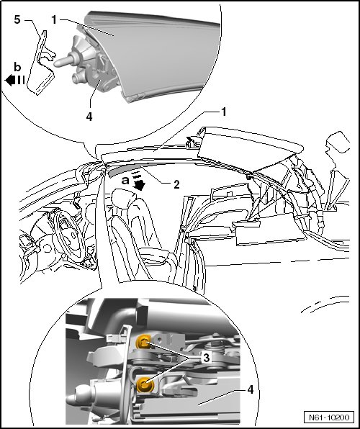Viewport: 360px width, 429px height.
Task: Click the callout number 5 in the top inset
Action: click(17, 19)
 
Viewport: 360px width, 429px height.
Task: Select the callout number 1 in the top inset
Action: click(54, 19)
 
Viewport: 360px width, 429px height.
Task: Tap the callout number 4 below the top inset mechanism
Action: click(89, 117)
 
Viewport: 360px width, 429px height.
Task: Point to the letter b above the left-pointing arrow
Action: click(17, 67)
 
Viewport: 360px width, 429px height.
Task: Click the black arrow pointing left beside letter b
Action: click(15, 80)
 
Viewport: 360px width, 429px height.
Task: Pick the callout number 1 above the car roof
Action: click(224, 112)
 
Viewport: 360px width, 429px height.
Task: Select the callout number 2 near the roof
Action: click(176, 185)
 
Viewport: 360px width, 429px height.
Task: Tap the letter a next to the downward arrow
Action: click(125, 180)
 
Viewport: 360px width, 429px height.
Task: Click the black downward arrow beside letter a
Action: click(138, 182)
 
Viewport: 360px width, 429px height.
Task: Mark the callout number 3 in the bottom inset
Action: click(206, 357)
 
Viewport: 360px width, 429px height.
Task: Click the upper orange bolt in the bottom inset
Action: click(143, 342)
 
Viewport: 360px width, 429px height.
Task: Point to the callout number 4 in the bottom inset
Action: click(251, 389)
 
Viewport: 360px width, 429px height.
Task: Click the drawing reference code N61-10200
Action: click(329, 417)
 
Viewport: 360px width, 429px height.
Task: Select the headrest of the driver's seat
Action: click(125, 198)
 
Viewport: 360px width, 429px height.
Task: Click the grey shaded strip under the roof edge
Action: click(127, 170)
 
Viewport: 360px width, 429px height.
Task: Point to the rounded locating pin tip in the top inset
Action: click(58, 63)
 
